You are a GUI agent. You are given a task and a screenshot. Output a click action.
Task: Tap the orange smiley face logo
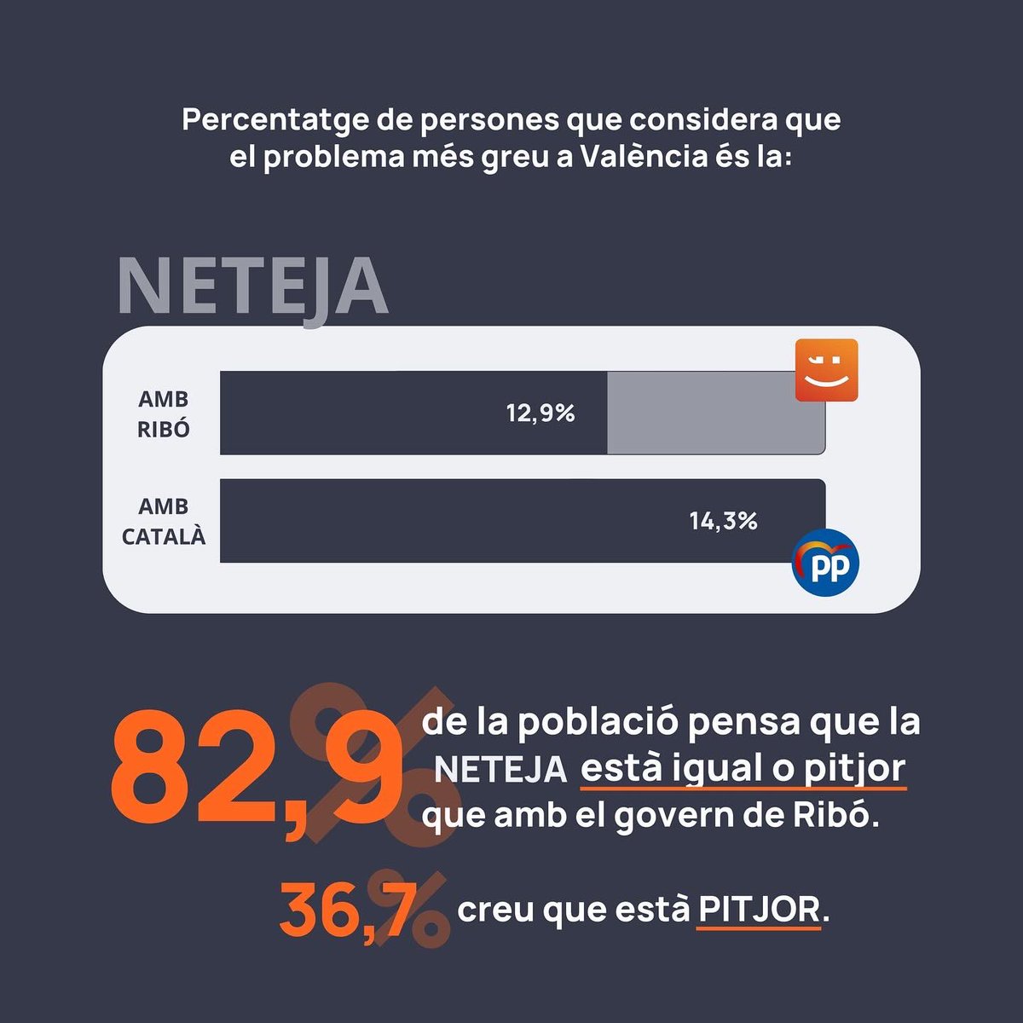click(x=825, y=370)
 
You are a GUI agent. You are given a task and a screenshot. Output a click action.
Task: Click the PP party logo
click(x=825, y=564)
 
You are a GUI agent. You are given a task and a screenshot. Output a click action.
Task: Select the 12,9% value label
click(x=540, y=413)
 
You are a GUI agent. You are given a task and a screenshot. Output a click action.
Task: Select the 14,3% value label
click(x=723, y=521)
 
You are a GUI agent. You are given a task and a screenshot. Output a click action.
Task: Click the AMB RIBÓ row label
click(x=164, y=414)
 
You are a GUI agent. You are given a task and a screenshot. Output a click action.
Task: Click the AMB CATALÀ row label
click(x=164, y=522)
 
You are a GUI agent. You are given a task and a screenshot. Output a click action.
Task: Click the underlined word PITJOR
click(x=759, y=910)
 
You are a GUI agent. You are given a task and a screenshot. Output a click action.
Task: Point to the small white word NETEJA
click(x=500, y=770)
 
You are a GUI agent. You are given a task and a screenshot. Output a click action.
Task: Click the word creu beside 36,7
click(x=495, y=910)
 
